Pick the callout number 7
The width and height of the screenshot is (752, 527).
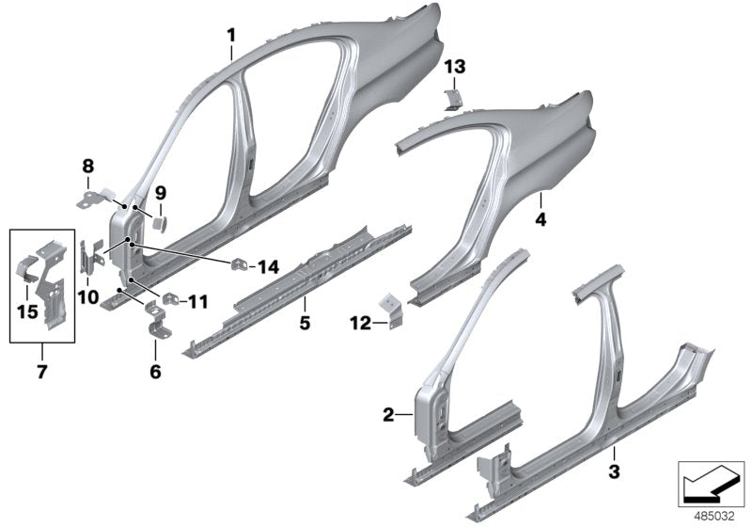(x=40, y=373)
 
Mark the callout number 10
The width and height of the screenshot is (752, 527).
(x=88, y=298)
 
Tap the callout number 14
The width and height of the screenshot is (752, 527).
(x=269, y=267)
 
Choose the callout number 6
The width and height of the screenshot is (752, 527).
(x=155, y=372)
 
